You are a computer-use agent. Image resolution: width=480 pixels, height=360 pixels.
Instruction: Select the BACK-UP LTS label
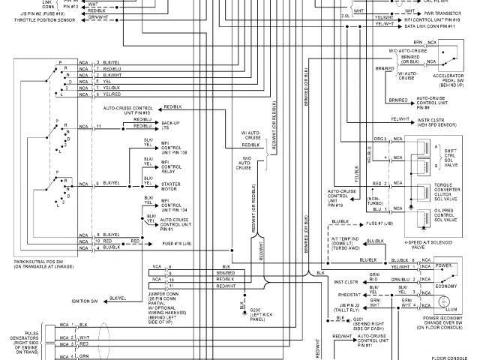(x=172, y=124)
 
